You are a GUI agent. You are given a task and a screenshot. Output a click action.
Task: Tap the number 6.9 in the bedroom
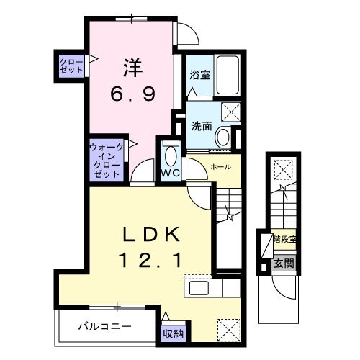pyautogui.click(x=132, y=94)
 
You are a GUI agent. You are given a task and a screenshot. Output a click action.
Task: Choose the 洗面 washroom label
pyautogui.click(x=201, y=125)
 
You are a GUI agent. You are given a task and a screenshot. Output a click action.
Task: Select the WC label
pyautogui.click(x=170, y=174)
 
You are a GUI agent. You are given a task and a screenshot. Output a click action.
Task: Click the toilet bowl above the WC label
pyautogui.click(x=170, y=153)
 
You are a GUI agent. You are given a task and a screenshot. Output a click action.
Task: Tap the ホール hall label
pyautogui.click(x=220, y=167)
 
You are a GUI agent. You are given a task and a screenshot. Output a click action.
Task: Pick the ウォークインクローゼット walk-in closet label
pyautogui.click(x=105, y=160)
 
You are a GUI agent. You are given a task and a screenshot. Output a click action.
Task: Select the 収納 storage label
pyautogui.click(x=172, y=333)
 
